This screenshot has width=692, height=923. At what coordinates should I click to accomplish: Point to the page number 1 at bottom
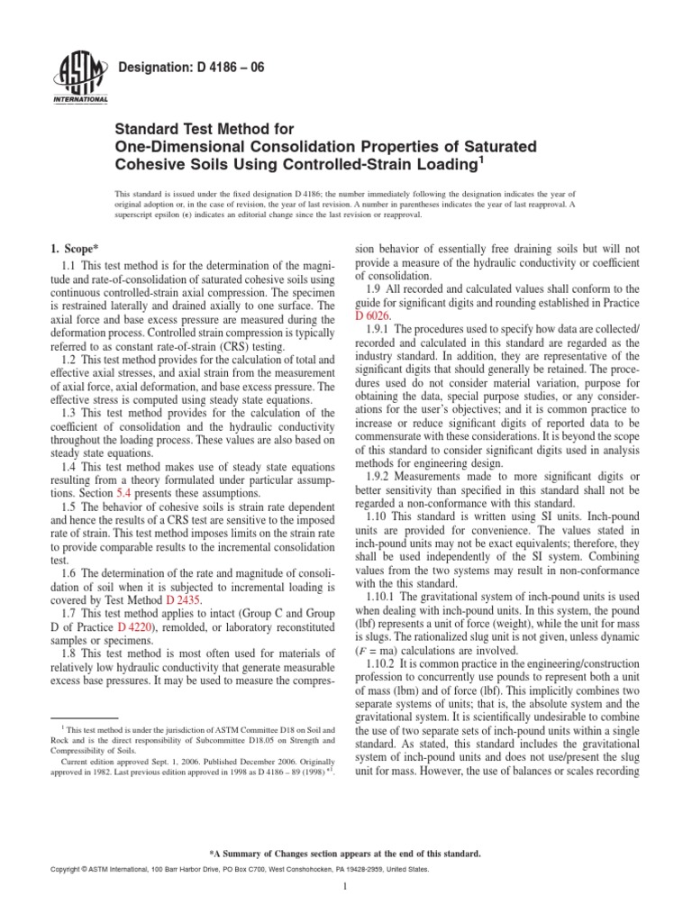click(346, 887)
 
